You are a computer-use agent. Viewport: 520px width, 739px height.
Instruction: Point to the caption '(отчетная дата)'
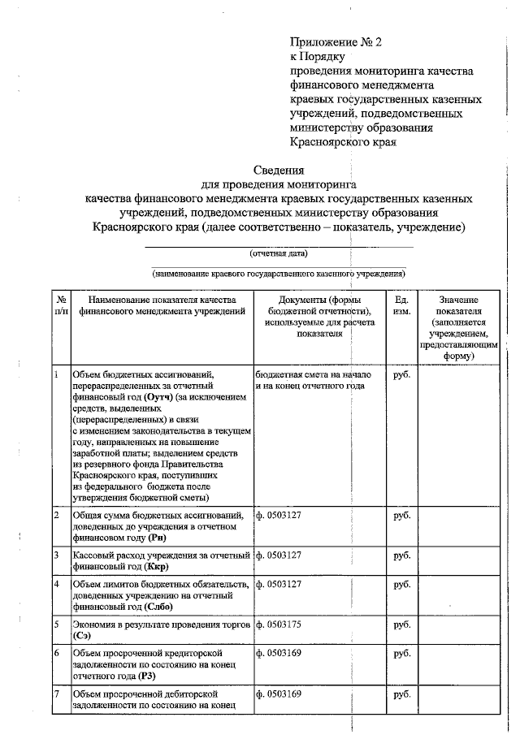tap(278, 253)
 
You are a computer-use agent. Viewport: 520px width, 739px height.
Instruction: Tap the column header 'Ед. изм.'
tap(401, 305)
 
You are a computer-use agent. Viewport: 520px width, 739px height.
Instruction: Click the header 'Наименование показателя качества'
tap(158, 300)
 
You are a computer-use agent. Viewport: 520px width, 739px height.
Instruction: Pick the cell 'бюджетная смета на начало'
tap(313, 374)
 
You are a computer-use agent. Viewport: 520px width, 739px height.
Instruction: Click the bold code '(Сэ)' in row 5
tap(82, 636)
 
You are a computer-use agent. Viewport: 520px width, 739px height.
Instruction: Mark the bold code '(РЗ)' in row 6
tap(147, 676)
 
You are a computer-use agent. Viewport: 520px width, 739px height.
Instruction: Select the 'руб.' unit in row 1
tap(401, 374)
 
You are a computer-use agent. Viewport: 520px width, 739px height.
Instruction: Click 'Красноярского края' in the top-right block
tap(343, 141)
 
